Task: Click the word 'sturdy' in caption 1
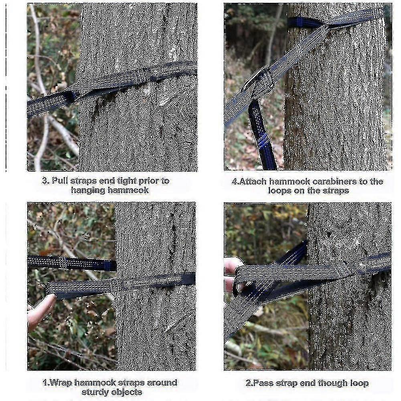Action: [95, 392]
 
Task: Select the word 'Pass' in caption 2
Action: [261, 383]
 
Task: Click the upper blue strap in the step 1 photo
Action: [72, 263]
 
